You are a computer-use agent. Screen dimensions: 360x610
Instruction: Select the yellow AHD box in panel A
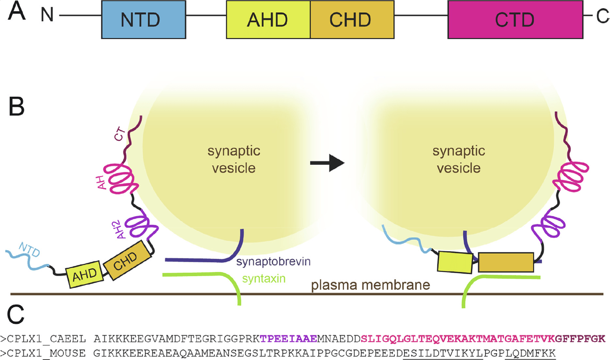pyautogui.click(x=268, y=20)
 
